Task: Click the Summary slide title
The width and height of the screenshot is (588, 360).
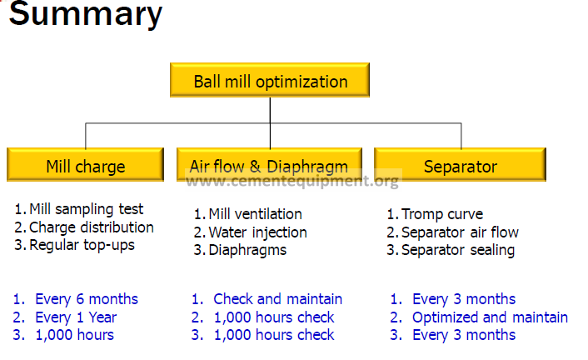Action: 86,14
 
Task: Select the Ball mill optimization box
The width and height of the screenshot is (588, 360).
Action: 270,80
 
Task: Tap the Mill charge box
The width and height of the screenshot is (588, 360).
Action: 86,165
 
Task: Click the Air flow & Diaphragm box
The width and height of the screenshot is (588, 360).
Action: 269,165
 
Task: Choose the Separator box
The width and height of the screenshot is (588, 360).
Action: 460,165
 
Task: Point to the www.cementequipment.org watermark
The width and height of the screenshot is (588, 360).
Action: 292,182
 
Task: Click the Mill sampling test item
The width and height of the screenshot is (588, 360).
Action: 86,209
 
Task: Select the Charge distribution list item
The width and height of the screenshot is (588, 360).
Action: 91,227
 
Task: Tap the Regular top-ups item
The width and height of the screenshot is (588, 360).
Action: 82,245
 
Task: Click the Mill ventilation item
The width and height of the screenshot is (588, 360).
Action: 255,214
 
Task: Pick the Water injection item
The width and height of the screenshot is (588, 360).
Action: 257,232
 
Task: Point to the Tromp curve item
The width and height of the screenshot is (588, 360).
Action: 442,214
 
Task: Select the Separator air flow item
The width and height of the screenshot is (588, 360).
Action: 460,232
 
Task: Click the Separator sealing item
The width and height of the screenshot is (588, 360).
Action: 458,250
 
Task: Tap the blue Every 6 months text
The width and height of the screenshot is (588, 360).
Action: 87,299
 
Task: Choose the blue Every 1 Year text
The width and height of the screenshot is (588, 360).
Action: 76,317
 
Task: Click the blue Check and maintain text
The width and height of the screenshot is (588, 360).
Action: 278,299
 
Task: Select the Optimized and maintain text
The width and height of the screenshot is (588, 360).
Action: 490,317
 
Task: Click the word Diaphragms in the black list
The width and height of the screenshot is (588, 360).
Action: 247,250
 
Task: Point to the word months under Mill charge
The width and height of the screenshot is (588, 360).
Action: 113,299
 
